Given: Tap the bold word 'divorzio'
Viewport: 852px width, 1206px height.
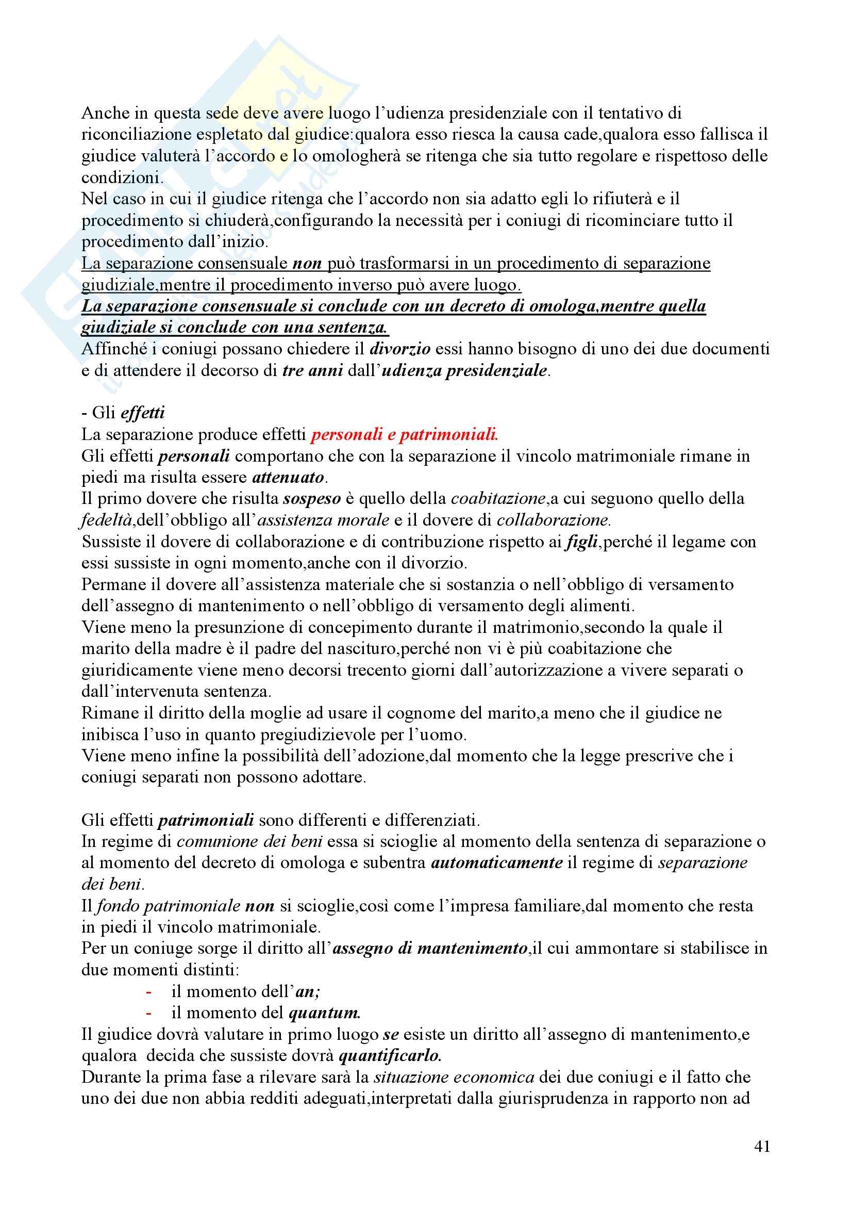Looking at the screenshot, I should pyautogui.click(x=400, y=349).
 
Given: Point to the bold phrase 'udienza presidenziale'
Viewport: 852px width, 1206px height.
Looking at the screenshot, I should pyautogui.click(x=464, y=371).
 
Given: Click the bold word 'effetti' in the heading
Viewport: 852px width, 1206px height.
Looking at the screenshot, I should pyautogui.click(x=143, y=413).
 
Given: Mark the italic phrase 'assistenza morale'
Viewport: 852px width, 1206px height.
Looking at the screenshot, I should pyautogui.click(x=323, y=520).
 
